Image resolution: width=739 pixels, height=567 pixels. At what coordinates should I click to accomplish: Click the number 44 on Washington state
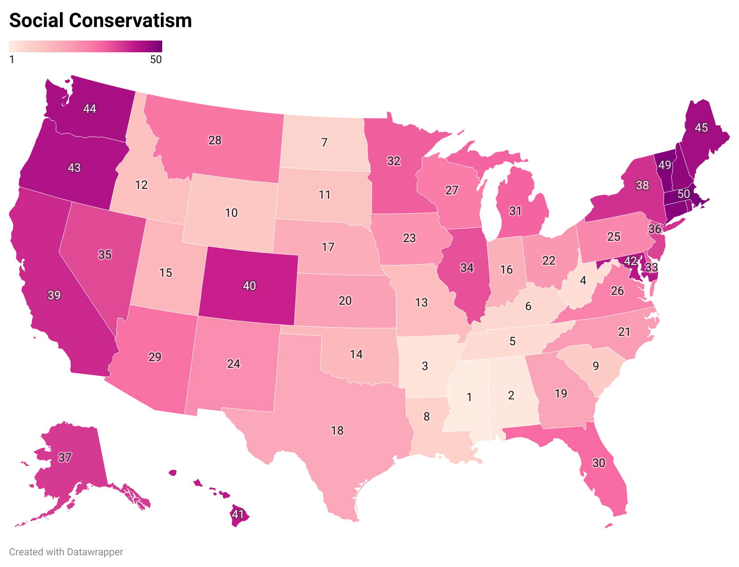(x=90, y=108)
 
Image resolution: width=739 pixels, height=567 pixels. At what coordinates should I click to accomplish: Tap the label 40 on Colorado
(x=249, y=285)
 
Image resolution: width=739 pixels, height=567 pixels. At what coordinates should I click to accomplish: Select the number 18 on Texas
(x=337, y=430)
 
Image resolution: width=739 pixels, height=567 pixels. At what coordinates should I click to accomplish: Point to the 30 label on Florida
(x=598, y=463)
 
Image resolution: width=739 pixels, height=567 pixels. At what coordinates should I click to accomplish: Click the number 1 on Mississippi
(x=469, y=397)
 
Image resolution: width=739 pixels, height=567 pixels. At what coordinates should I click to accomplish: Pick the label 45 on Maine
(x=701, y=128)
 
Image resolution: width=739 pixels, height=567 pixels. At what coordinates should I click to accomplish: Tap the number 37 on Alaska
(x=65, y=457)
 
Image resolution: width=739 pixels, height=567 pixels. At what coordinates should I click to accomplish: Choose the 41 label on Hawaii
(x=238, y=514)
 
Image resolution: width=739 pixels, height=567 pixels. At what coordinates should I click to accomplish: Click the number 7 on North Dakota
(x=324, y=142)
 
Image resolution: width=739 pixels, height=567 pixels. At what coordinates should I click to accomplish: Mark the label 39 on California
(x=54, y=295)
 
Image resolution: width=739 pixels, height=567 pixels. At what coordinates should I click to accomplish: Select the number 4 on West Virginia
(x=583, y=280)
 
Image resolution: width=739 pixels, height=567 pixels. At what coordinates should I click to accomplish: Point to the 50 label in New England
(x=684, y=194)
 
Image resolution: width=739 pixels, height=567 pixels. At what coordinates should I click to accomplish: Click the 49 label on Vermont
(x=665, y=165)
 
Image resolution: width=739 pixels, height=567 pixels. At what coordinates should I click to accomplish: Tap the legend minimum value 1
(x=12, y=59)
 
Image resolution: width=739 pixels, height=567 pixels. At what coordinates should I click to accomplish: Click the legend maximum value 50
(x=156, y=59)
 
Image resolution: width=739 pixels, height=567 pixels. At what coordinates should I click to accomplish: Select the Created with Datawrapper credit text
(x=66, y=552)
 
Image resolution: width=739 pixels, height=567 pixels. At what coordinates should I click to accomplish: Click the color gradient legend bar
(x=86, y=46)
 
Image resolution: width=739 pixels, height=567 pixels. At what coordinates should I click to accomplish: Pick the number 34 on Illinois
(x=467, y=268)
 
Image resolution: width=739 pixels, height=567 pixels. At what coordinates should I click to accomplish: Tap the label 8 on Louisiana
(x=427, y=416)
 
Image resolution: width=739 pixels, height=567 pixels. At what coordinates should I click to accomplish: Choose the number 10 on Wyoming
(x=231, y=213)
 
